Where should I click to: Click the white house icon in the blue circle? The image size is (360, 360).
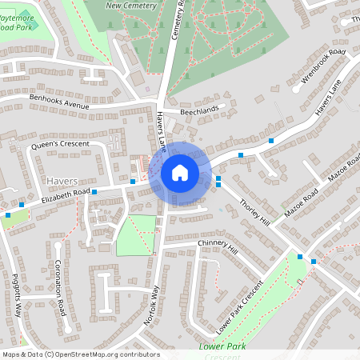180,172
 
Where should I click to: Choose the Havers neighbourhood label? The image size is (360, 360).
62,182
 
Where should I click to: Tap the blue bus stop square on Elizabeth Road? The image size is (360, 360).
94,192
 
